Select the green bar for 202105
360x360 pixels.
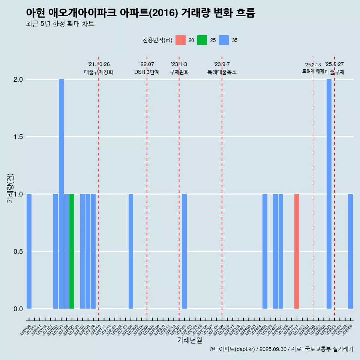[72, 251]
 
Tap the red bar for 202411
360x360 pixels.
[297, 251]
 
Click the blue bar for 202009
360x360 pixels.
[29, 251]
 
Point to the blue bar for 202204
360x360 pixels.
[131, 251]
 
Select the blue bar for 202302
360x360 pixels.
[184, 251]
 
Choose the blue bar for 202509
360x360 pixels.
[350, 251]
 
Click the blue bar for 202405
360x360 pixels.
[265, 251]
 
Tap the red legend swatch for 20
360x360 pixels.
[180, 40]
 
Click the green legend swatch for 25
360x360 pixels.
[202, 40]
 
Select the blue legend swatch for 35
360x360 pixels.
[224, 40]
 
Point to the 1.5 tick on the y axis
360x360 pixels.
[18, 137]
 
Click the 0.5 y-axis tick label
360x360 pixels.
[18, 252]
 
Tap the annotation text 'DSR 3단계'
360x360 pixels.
[147, 72]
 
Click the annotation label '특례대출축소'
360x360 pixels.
[222, 72]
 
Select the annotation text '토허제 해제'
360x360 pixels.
[313, 71]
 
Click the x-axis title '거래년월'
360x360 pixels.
[189, 340]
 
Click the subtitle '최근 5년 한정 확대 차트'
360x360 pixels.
[60, 24]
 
